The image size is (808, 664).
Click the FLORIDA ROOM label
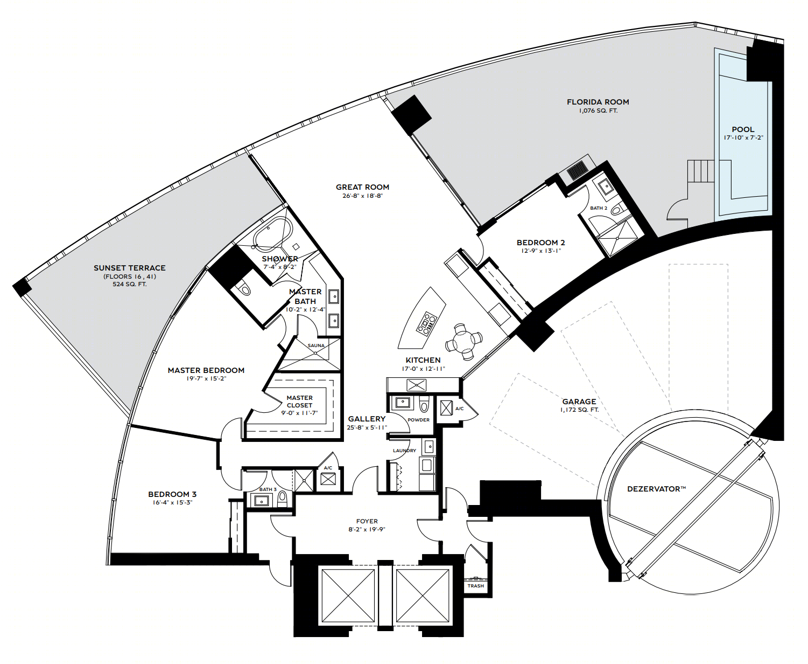598,102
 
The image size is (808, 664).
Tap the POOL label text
743,130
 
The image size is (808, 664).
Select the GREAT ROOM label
362,187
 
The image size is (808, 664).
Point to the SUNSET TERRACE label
130,268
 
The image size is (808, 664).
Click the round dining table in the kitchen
463,341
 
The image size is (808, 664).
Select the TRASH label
475,586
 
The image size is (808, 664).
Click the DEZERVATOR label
656,489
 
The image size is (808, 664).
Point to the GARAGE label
579,402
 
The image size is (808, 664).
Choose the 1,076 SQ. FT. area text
598,111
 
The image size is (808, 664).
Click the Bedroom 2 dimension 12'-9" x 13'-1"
540,251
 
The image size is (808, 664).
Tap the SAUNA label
316,345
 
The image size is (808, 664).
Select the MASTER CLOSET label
300,402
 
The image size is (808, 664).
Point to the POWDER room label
418,420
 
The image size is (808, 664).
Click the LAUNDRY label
404,451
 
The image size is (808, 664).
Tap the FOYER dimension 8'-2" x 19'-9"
367,529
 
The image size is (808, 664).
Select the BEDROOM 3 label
172,494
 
